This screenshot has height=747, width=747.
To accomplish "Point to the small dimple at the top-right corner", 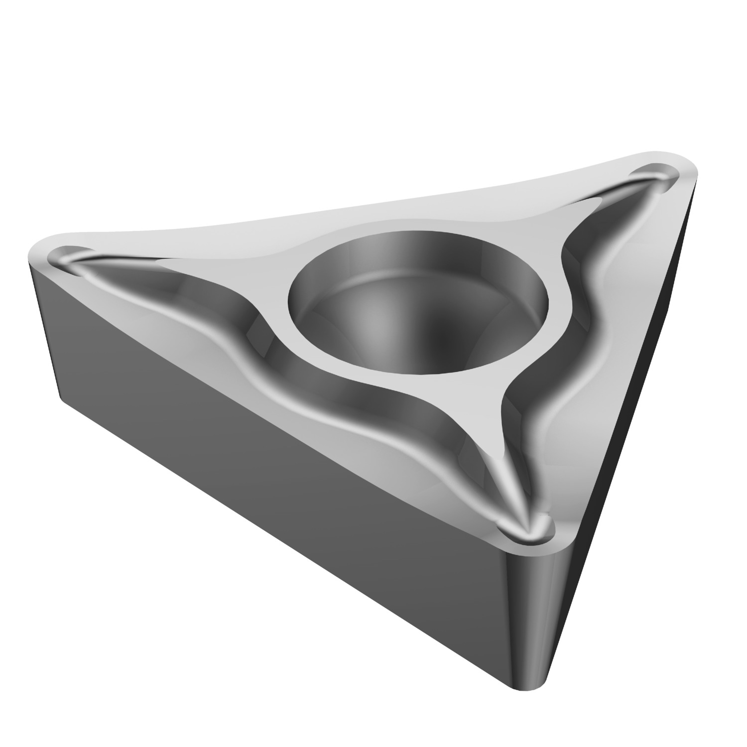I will click(655, 179).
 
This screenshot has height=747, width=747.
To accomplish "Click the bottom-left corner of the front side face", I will click(62, 398).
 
